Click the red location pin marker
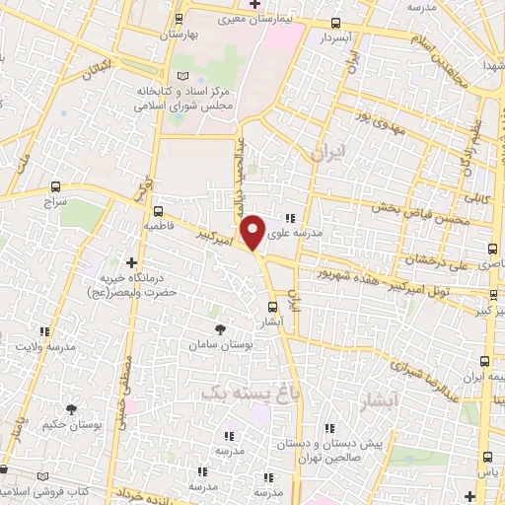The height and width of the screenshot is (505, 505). [253, 231]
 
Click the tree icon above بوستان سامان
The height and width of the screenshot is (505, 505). [221, 327]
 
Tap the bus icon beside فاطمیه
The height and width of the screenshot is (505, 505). [158, 210]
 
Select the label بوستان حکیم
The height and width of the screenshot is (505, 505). [70, 424]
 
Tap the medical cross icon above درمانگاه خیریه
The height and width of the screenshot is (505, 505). [132, 262]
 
